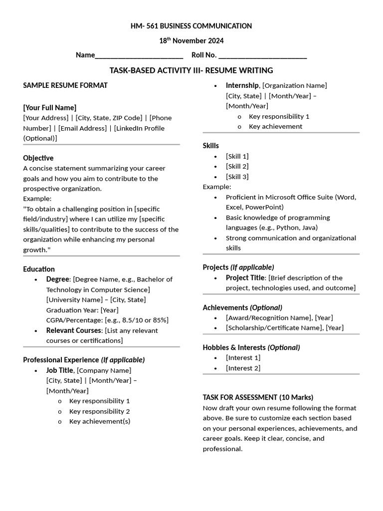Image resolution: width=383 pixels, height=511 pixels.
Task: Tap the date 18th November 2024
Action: (x=191, y=41)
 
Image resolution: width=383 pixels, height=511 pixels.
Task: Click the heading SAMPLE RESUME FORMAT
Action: (x=65, y=85)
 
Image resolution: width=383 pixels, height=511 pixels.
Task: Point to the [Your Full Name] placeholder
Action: (x=50, y=107)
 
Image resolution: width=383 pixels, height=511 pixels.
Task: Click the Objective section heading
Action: (x=38, y=158)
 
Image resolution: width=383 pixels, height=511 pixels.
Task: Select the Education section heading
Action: (x=39, y=269)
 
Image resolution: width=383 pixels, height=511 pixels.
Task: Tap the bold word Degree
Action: (x=58, y=279)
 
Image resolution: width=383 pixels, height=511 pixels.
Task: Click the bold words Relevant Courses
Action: (x=74, y=330)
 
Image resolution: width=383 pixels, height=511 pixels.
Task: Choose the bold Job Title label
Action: (x=60, y=370)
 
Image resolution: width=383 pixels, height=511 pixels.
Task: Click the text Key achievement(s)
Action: (x=100, y=421)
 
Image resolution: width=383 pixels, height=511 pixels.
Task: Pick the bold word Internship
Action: (x=242, y=85)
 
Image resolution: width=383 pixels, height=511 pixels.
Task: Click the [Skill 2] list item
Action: (x=237, y=166)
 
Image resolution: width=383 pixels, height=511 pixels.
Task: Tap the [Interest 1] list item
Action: (x=243, y=357)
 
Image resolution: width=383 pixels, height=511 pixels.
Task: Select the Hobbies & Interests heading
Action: (x=234, y=347)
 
